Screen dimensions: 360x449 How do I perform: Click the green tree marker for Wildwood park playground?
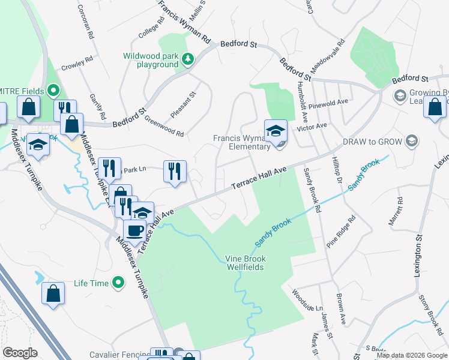point(188,59)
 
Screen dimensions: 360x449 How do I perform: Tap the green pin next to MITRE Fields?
point(53,91)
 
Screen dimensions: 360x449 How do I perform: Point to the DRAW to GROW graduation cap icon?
point(412,141)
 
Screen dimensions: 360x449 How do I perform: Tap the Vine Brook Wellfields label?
point(245,263)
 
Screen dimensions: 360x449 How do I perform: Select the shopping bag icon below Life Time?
point(53,293)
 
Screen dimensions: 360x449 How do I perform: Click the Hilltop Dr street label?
point(337,171)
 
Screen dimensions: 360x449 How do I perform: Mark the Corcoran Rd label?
point(86,23)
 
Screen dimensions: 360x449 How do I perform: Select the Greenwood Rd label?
point(163,126)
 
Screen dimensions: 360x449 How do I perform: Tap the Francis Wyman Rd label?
point(186,23)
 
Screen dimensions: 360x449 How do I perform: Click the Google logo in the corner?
point(20,353)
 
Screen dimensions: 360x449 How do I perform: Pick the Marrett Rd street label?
point(397,213)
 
